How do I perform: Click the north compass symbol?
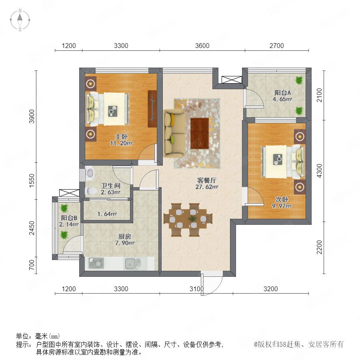[x=20, y=20]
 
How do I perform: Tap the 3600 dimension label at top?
[x=202, y=46]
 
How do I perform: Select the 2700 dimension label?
[x=276, y=46]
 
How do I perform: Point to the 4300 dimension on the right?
[x=319, y=170]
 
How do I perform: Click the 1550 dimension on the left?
[x=32, y=180]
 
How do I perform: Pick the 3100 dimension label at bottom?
[x=196, y=289]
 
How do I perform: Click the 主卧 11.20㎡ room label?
[x=122, y=140]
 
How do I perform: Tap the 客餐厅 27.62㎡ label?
[x=207, y=184]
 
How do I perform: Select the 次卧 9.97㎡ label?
[x=282, y=202]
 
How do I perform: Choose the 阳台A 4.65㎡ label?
[x=282, y=96]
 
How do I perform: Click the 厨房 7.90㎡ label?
[x=125, y=240]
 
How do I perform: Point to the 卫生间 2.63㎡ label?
[x=111, y=189]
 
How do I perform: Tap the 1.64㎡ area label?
[x=107, y=214]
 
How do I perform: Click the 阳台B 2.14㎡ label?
[x=69, y=221]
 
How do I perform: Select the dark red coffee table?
[x=200, y=133]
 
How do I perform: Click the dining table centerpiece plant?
[x=192, y=218]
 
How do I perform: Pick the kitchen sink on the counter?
[x=133, y=264]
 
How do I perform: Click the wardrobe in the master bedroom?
[x=152, y=108]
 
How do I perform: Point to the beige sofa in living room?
[x=174, y=133]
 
